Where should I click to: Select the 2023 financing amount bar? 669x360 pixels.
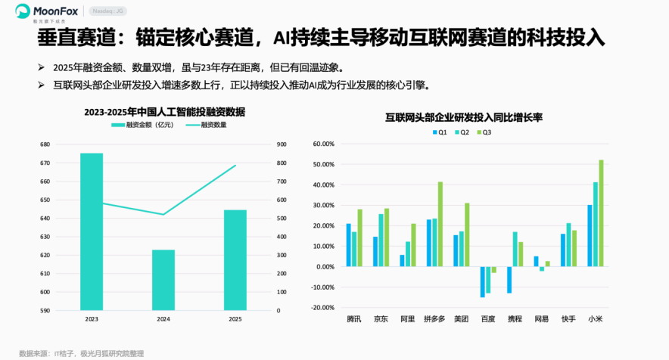click(x=92, y=231)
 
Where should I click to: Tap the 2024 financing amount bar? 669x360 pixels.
click(x=163, y=280)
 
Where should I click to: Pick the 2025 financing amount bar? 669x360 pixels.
click(x=235, y=259)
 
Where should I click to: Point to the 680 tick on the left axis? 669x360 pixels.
click(x=45, y=144)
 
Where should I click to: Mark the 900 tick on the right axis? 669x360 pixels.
click(x=281, y=144)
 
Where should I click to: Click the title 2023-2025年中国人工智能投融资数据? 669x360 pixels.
click(x=164, y=112)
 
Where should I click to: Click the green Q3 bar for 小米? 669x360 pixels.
click(x=602, y=213)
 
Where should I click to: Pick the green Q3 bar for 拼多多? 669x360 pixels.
click(x=440, y=224)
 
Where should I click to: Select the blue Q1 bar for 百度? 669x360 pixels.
click(x=482, y=281)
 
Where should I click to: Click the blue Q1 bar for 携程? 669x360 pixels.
click(x=509, y=280)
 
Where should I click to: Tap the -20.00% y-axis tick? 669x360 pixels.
click(x=323, y=308)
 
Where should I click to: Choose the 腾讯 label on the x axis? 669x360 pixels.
click(x=354, y=319)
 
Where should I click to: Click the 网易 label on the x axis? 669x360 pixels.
click(x=542, y=319)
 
